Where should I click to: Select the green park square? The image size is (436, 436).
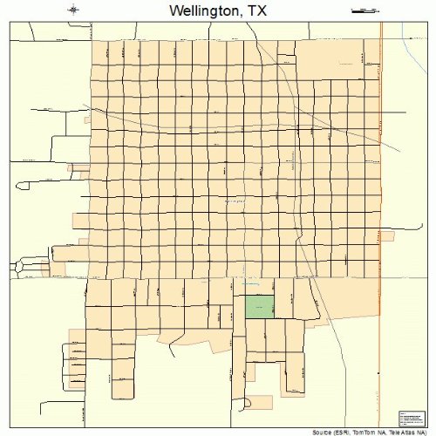pos(259,306)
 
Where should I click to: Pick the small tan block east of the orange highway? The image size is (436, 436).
pos(387,235)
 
